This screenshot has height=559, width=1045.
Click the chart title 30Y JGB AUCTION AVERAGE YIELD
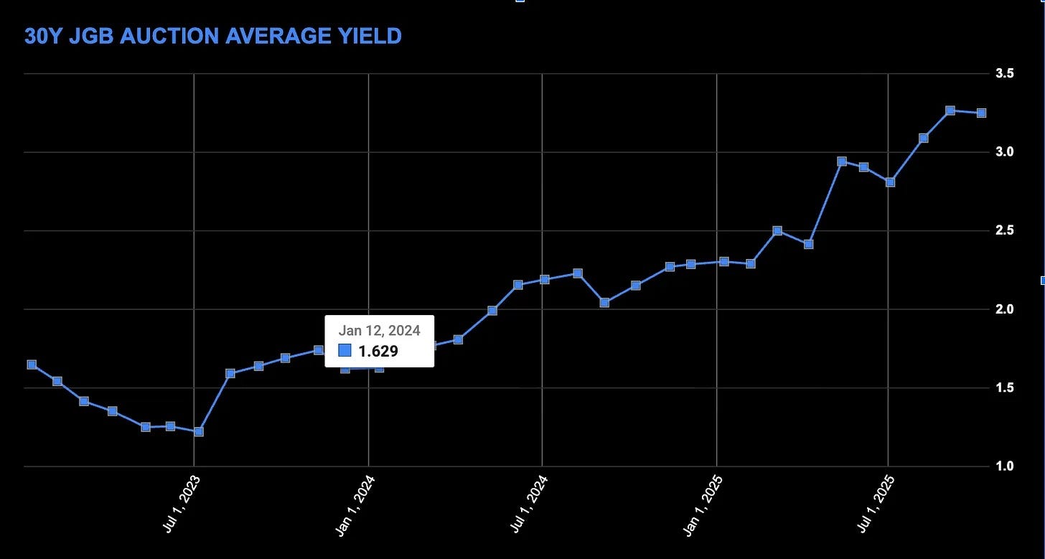click(x=212, y=37)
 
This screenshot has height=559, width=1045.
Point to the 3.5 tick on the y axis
click(x=1004, y=73)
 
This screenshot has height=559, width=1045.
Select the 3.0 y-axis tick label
click(x=1004, y=151)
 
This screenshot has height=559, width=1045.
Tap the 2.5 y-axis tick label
click(x=1004, y=230)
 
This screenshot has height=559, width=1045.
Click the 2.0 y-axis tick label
click(x=1004, y=309)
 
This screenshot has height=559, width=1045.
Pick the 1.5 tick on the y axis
click(x=1004, y=387)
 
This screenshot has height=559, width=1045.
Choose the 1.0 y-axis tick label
click(x=1004, y=466)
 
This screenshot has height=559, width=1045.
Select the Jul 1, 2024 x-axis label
click(x=529, y=504)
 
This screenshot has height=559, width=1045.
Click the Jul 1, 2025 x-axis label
click(x=876, y=504)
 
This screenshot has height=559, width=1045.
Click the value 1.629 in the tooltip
click(x=378, y=351)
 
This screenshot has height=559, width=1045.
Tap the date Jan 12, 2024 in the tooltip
click(x=379, y=330)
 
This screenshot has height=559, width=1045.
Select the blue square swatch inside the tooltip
click(x=345, y=350)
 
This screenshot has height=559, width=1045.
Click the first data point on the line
click(x=32, y=365)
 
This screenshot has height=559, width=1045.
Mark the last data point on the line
click(x=981, y=113)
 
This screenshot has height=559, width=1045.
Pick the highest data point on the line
click(x=950, y=111)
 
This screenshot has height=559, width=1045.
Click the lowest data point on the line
click(x=198, y=431)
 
